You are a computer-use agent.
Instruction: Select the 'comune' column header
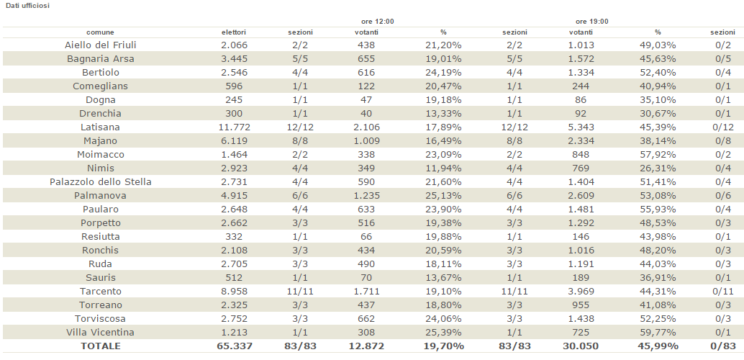point(100,32)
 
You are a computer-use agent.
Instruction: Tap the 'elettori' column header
point(234,32)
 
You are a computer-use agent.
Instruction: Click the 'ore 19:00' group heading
point(591,22)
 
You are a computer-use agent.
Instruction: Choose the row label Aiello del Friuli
point(100,45)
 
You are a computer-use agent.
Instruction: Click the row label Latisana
point(100,127)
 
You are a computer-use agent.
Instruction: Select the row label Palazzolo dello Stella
point(100,181)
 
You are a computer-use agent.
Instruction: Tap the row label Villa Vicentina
point(100,332)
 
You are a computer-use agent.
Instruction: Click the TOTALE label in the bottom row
point(100,346)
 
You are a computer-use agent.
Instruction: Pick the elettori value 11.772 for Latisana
point(234,127)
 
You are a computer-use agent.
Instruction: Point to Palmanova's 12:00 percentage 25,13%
point(443,195)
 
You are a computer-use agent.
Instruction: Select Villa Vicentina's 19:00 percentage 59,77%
point(658,332)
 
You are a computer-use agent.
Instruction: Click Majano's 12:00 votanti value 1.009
point(367,140)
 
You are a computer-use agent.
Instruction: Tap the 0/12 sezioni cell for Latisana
point(722,127)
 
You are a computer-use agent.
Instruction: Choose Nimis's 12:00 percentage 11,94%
point(443,168)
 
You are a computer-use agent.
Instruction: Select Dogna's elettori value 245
point(234,99)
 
